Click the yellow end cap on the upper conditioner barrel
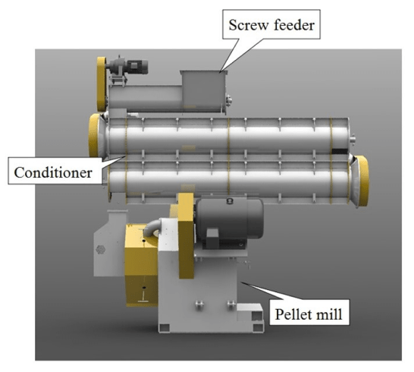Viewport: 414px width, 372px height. (96, 134)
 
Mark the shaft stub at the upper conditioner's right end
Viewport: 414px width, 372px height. (353, 138)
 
